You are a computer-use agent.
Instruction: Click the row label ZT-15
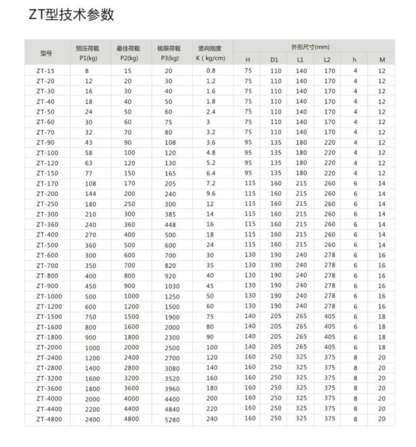pyautogui.click(x=45, y=71)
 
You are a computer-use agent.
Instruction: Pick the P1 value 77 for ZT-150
pyautogui.click(x=88, y=173)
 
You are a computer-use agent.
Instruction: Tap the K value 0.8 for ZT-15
pyautogui.click(x=210, y=71)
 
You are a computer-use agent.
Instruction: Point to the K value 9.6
pyautogui.click(x=210, y=194)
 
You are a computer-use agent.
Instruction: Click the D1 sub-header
pyautogui.click(x=275, y=60)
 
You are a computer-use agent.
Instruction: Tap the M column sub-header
pyautogui.click(x=382, y=60)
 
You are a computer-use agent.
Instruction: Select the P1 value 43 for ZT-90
pyautogui.click(x=88, y=143)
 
